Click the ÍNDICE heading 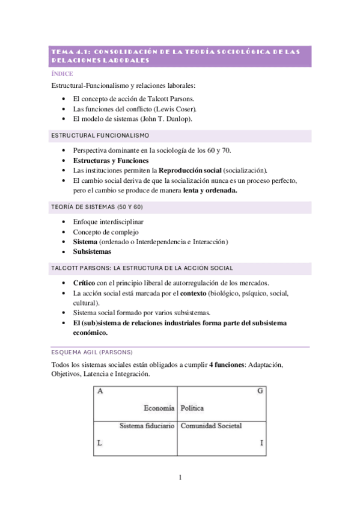tap(63, 74)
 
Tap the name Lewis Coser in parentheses tap(175, 109)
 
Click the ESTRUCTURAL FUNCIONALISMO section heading tap(101, 136)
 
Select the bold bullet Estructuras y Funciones tap(111, 161)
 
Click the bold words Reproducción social tap(188, 171)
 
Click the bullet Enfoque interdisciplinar tap(108, 222)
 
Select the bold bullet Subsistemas tap(92, 253)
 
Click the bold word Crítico tap(84, 283)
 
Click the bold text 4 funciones tap(227, 365)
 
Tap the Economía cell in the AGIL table tap(159, 408)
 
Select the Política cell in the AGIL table tap(192, 408)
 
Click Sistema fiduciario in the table tap(147, 426)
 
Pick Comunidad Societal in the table tap(211, 426)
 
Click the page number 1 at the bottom tap(179, 478)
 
